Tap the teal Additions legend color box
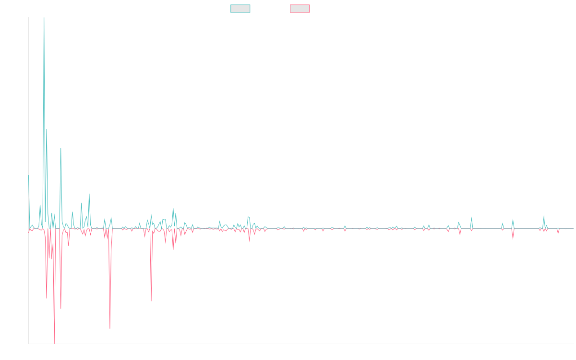click(240, 9)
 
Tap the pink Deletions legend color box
click(300, 9)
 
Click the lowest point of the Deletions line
click(54, 343)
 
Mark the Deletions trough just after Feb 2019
click(110, 328)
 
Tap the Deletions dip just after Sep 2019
click(151, 301)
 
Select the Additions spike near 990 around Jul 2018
click(61, 148)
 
